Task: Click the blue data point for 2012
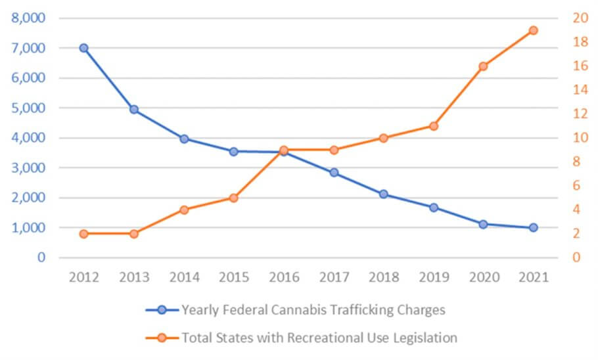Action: (83, 48)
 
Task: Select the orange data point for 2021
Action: (533, 30)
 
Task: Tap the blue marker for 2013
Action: (133, 109)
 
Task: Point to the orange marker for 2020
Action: (483, 66)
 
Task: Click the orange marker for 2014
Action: (184, 210)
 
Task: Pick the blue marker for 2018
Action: (383, 194)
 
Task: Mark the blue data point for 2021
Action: (533, 227)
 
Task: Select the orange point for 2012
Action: (83, 234)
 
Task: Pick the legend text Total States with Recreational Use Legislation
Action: (319, 338)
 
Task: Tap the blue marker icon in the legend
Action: (162, 309)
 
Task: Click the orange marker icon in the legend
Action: (162, 338)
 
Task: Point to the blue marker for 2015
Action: (233, 151)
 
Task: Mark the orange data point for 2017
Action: (333, 150)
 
